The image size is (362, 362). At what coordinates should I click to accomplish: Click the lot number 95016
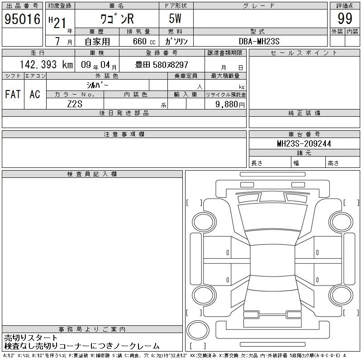(x=22, y=19)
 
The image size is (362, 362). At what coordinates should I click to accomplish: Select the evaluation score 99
(x=345, y=19)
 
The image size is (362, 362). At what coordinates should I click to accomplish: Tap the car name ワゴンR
(x=117, y=19)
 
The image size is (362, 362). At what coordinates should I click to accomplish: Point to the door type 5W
(x=175, y=19)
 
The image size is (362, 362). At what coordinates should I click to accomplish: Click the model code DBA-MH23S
(x=259, y=41)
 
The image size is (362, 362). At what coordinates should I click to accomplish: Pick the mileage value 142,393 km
(x=46, y=65)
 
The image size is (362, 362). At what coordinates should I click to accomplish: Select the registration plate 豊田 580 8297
(x=162, y=65)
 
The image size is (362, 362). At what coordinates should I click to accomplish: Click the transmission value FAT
(x=13, y=94)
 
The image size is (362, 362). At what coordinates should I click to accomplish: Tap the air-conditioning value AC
(x=35, y=94)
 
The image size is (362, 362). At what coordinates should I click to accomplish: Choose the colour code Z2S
(x=75, y=104)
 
